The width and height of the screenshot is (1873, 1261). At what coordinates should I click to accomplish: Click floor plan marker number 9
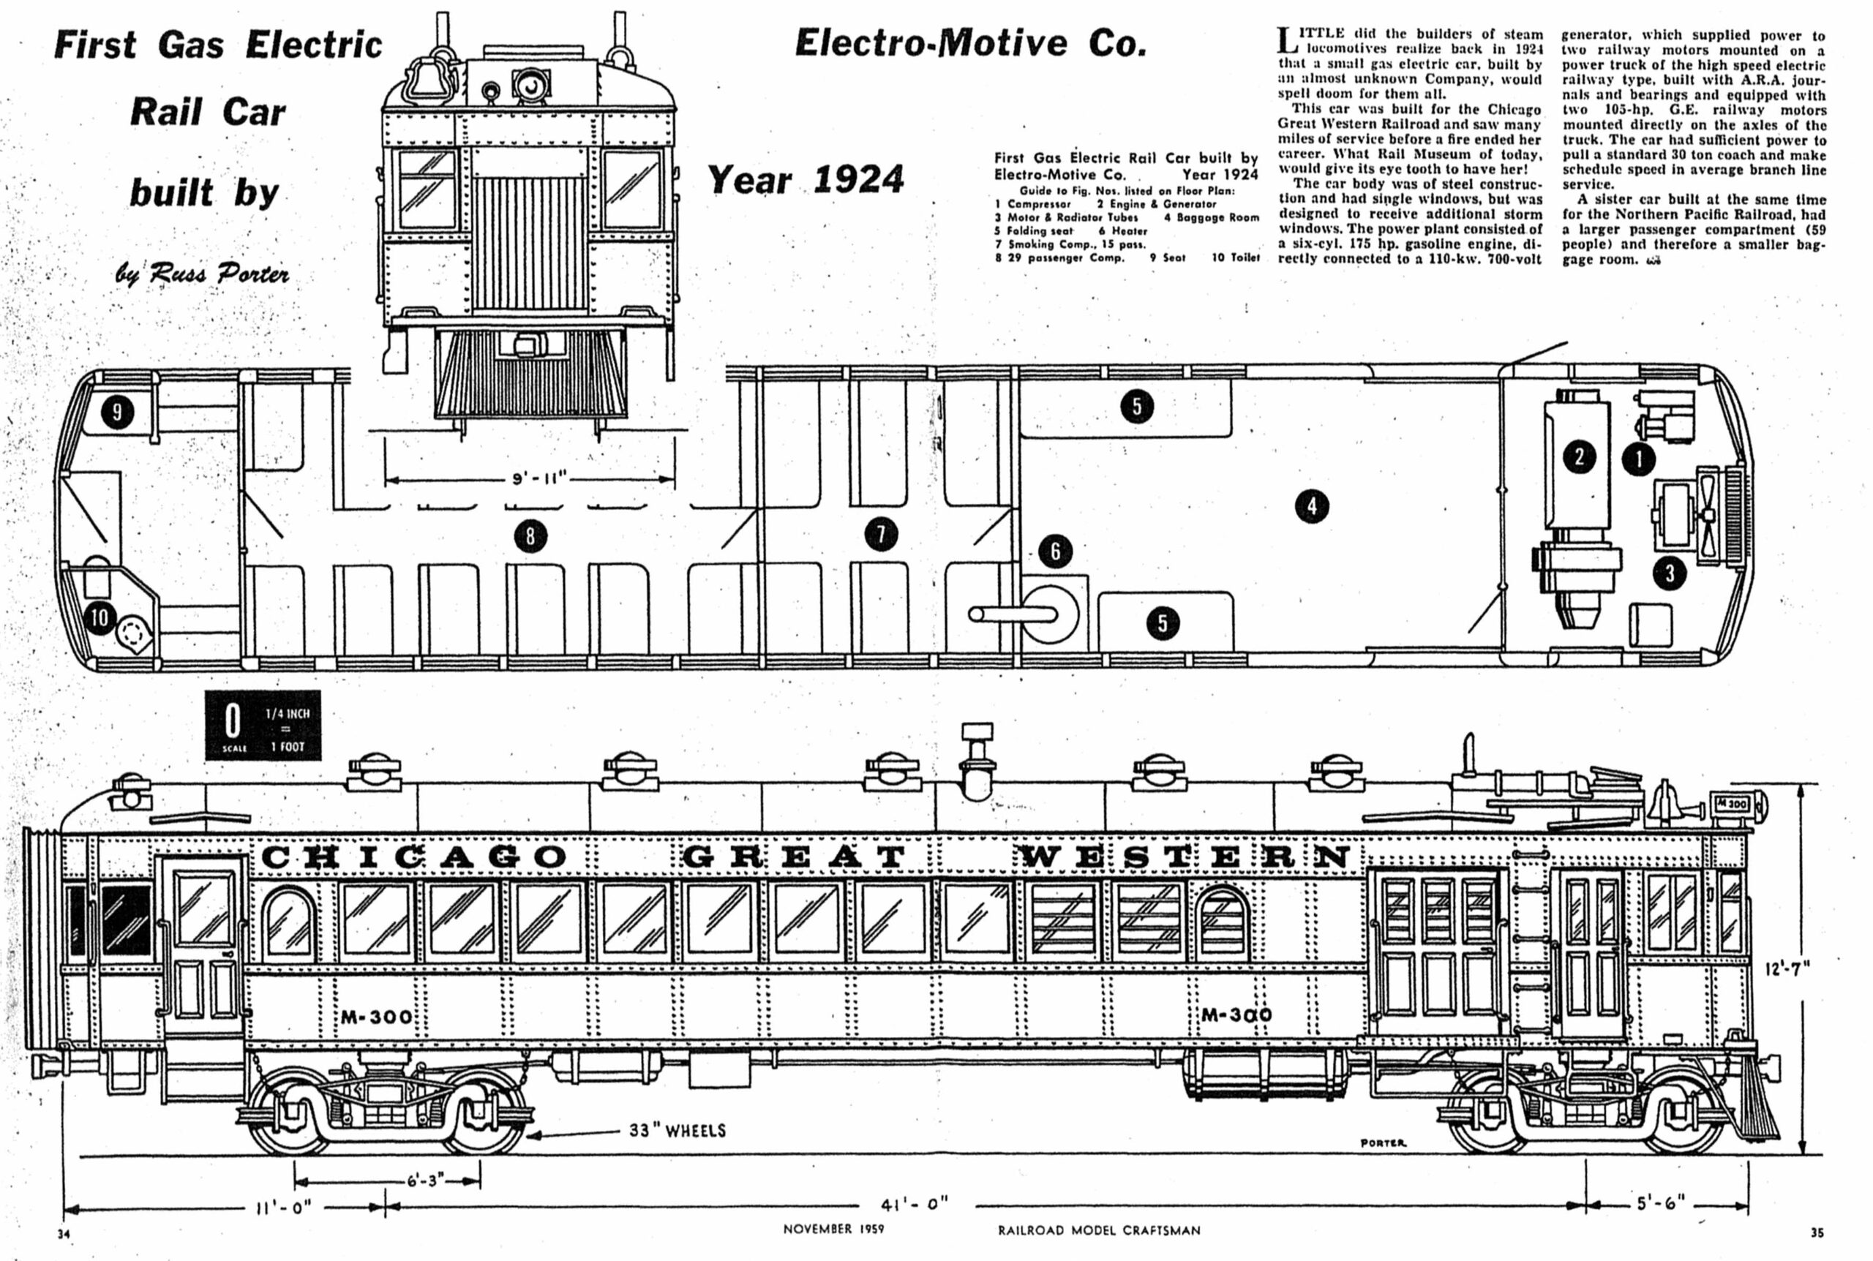click(117, 413)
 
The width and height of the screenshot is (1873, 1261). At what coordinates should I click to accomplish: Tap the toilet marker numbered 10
click(100, 617)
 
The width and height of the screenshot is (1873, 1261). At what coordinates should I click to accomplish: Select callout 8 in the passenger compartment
click(530, 536)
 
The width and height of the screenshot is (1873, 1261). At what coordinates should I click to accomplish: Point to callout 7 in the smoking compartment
click(881, 535)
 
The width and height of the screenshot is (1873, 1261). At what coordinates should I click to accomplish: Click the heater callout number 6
click(1055, 551)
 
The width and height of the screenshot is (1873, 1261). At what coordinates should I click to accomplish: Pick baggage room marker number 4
click(1312, 506)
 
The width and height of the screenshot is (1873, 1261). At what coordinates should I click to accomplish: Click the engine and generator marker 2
click(1580, 457)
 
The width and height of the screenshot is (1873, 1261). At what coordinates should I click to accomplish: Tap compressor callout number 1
click(1639, 460)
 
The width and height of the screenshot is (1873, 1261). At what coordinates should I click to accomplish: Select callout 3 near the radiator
click(1670, 573)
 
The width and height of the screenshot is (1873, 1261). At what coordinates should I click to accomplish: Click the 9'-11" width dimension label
click(540, 479)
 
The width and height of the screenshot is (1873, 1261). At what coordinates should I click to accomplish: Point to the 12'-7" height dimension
click(1787, 968)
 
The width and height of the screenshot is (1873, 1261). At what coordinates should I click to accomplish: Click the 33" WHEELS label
click(677, 1131)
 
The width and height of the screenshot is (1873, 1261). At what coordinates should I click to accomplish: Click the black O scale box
click(263, 725)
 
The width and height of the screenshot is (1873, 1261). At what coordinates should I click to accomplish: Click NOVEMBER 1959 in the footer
click(833, 1230)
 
